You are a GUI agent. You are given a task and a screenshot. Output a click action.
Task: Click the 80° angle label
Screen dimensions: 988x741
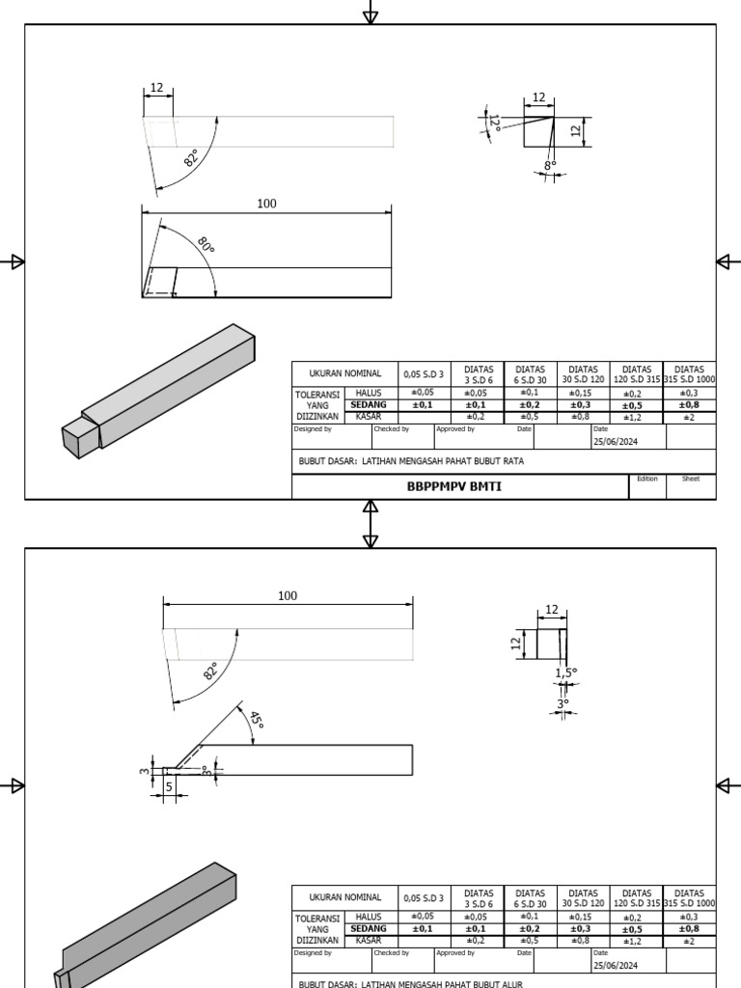tap(206, 246)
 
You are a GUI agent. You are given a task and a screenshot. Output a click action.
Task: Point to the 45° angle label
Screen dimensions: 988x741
tap(257, 720)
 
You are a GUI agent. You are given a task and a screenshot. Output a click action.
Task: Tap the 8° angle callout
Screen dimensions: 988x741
tap(550, 166)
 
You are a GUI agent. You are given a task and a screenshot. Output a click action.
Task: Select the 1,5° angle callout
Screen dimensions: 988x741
tap(565, 672)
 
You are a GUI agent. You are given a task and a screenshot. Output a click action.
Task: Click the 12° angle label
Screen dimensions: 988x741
tap(493, 123)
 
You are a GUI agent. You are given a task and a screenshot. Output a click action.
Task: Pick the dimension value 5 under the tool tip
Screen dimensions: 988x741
tap(169, 786)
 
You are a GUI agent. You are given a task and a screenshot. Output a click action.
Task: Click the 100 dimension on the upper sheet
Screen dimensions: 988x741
tap(266, 204)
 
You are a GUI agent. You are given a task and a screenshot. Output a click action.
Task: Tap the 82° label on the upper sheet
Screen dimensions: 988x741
tap(191, 158)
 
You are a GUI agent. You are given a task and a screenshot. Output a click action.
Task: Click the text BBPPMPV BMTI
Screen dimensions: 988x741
tap(453, 487)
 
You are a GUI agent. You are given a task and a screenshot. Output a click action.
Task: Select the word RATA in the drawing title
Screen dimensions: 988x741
tap(512, 461)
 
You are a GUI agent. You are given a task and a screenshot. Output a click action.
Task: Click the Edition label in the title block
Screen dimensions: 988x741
tap(646, 479)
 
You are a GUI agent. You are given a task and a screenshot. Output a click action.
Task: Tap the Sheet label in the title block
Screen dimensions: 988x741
tap(690, 479)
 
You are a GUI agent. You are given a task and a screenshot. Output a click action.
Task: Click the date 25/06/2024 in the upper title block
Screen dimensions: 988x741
tap(616, 441)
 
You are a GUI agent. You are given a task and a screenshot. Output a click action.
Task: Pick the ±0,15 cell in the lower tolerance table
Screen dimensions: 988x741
tap(583, 917)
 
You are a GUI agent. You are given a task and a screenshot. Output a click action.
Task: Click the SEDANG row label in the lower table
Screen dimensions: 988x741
tap(369, 928)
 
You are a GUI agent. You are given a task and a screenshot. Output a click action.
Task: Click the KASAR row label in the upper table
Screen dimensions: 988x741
tap(369, 417)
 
